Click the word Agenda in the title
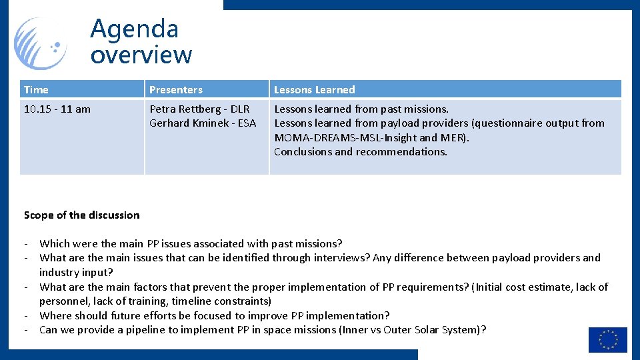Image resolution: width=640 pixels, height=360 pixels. point(134,29)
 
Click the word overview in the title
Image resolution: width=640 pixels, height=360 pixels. point(141,55)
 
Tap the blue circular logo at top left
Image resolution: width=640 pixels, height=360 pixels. point(40,44)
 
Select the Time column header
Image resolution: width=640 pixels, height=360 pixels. point(36,89)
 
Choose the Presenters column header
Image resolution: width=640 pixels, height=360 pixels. point(176,89)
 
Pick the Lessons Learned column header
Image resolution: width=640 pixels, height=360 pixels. point(314,89)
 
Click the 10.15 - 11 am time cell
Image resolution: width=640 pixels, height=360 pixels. point(57,109)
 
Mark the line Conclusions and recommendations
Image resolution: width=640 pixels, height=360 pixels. point(361,151)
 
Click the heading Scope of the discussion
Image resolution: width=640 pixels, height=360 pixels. point(81,215)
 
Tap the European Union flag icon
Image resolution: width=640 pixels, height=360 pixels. point(607,339)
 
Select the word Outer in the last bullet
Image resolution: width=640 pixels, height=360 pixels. point(397,329)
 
